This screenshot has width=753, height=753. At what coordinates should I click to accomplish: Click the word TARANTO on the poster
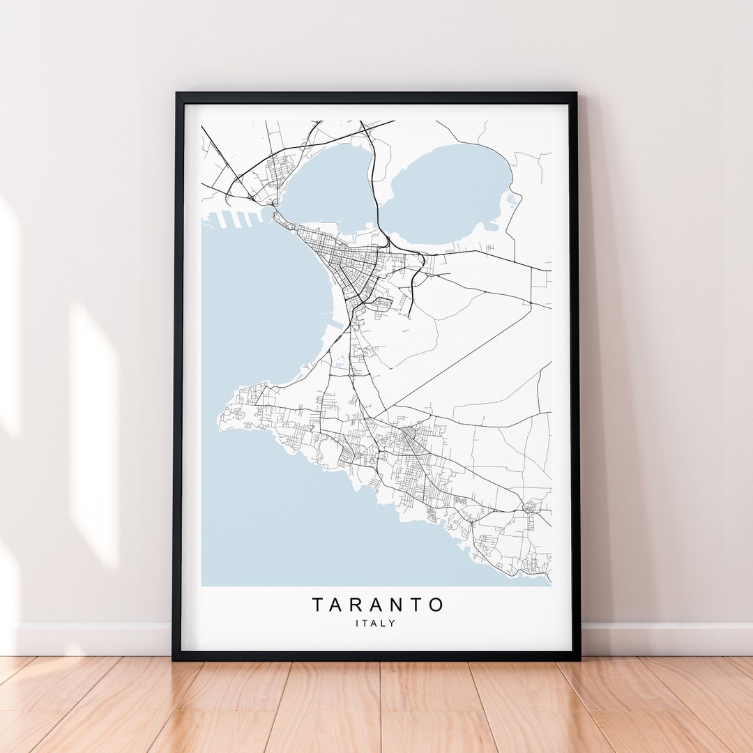tap(377, 604)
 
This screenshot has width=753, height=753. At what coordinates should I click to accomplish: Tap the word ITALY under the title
tap(375, 623)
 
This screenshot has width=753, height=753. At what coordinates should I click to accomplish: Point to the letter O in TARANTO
tap(435, 604)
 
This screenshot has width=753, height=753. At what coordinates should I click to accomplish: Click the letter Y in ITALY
tap(393, 623)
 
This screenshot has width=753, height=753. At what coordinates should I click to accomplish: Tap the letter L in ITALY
tap(383, 623)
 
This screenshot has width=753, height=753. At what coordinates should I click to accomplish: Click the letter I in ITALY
tap(357, 623)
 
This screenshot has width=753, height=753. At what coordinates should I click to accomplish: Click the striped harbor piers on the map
tap(234, 219)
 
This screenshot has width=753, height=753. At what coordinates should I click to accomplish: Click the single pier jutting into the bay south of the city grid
tap(337, 326)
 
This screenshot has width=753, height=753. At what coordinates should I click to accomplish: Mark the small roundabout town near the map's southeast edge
tap(533, 507)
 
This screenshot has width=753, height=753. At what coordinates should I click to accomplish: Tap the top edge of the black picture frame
tap(376, 98)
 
